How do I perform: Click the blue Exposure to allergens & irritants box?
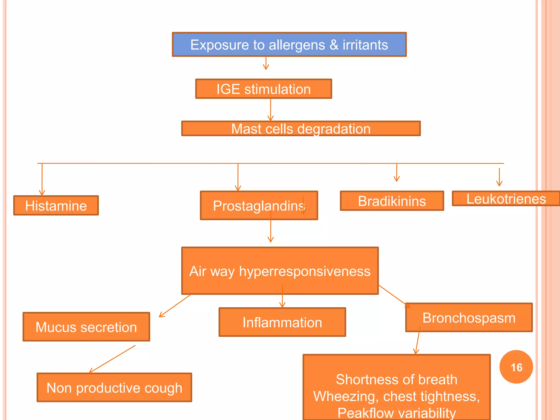click(x=289, y=45)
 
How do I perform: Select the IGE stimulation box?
click(x=263, y=89)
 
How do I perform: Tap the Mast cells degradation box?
click(x=301, y=129)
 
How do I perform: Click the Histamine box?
click(x=56, y=206)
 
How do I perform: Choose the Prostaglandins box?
click(x=259, y=206)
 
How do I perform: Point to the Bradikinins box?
click(x=392, y=201)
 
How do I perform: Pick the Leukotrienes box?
click(x=506, y=199)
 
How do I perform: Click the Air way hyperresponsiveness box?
click(x=280, y=271)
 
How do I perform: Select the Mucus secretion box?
click(x=86, y=327)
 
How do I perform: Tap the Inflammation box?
click(x=282, y=322)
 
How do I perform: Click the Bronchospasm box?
click(x=469, y=318)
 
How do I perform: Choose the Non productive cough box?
click(x=114, y=388)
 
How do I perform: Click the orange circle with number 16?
click(x=516, y=367)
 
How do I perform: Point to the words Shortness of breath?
click(x=396, y=380)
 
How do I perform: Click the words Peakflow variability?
click(x=396, y=412)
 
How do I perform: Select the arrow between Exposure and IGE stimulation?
click(x=266, y=63)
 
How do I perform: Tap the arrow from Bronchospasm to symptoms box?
click(x=418, y=342)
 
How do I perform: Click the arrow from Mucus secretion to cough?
click(x=112, y=359)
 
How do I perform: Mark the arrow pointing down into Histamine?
click(x=42, y=179)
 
